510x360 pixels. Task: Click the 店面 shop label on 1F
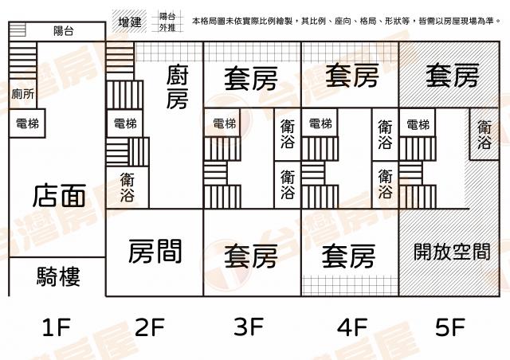pos(59,195)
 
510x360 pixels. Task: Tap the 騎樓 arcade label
pos(58,276)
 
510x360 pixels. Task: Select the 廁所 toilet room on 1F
pos(23,94)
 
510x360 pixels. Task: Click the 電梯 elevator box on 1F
pos(27,123)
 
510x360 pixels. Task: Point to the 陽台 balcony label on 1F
pos(64,31)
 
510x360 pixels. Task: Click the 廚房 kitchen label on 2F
pos(177,87)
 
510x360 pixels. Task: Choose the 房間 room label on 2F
pos(155,251)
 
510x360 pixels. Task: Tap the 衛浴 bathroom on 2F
pos(127,187)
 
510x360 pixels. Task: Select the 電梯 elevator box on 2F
pos(125,123)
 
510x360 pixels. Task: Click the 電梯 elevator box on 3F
pos(224,123)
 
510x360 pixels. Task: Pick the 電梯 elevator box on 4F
pos(320,123)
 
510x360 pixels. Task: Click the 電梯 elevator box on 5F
pos(418,123)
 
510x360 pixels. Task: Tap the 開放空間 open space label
pos(452,252)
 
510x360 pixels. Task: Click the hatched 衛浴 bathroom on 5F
pos(484,134)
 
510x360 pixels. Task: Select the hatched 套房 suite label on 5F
pos(453,76)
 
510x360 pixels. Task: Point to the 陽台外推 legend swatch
pos(167,22)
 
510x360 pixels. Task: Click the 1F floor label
pos(57,327)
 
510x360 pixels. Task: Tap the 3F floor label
pos(249,327)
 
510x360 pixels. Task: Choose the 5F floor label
pos(450,327)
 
